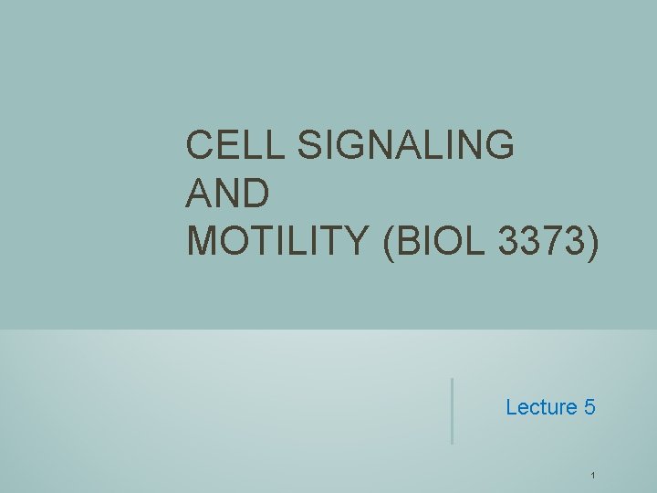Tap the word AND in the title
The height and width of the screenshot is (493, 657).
click(x=227, y=193)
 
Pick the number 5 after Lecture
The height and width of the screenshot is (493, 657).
click(x=589, y=407)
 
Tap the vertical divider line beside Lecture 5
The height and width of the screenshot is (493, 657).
click(x=452, y=411)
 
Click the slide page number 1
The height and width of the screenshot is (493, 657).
click(x=593, y=476)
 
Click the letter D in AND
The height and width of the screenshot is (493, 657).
click(x=256, y=193)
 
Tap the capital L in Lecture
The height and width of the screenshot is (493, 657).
click(x=511, y=407)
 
